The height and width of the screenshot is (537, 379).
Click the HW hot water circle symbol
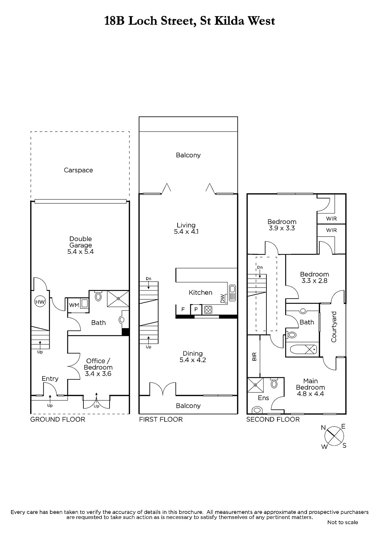40,302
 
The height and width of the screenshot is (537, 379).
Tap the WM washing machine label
74,305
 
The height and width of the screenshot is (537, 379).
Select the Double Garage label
80,242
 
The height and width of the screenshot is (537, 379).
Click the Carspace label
78,170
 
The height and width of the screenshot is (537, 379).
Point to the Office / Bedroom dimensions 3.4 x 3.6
98,374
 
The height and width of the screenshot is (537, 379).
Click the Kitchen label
200,292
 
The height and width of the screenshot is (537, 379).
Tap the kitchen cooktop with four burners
208,310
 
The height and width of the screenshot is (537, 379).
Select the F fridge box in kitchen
183,309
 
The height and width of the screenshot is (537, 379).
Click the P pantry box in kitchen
196,309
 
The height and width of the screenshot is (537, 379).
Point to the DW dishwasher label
223,298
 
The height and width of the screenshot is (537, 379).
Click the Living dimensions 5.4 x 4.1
186,232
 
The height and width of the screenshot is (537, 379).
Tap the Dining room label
193,353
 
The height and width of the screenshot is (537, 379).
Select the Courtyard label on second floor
334,327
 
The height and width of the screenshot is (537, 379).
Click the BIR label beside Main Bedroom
254,356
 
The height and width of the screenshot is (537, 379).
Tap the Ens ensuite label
263,398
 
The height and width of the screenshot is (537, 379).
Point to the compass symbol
334,437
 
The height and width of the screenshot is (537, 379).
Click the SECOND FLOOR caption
273,420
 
